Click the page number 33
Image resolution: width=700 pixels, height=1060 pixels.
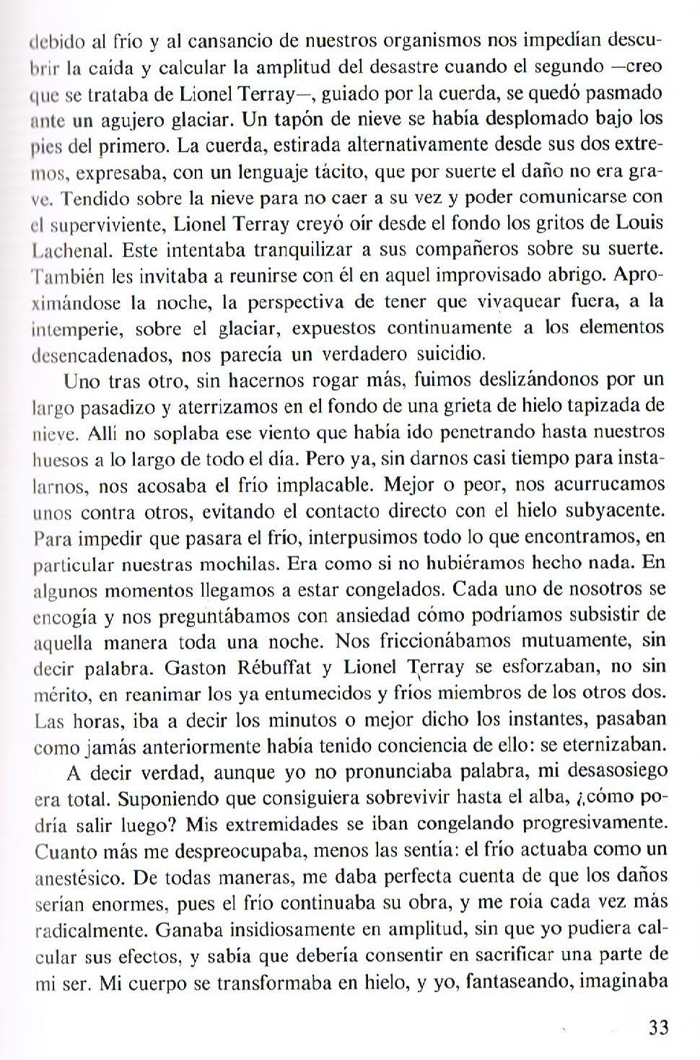point(657,1027)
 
